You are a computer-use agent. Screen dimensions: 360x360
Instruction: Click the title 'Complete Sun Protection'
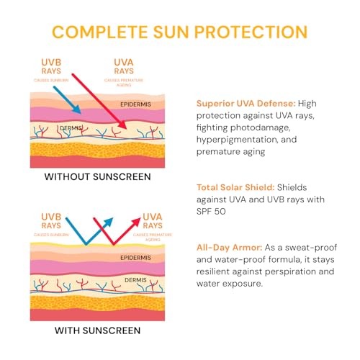(180, 32)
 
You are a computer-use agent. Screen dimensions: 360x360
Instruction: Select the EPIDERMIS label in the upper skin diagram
(135, 104)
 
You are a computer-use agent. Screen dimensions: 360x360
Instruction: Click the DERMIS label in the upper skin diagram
(71, 128)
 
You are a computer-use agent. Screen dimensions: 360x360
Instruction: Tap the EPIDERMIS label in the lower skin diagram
(135, 258)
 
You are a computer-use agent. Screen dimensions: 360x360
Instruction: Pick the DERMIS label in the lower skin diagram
(135, 280)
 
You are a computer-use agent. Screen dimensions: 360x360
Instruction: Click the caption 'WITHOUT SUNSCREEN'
(97, 177)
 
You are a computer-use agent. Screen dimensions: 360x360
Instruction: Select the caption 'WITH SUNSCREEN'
(97, 330)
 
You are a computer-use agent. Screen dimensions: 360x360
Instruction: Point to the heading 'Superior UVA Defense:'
(246, 104)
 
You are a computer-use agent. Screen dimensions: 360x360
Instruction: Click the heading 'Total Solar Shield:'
(235, 187)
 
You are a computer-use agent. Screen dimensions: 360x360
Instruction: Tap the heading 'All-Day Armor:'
(229, 248)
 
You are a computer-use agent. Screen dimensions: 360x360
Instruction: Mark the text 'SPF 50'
(211, 212)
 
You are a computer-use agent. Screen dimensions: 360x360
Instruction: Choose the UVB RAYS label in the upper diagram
(51, 67)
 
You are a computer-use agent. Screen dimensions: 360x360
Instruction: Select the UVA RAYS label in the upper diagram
(124, 67)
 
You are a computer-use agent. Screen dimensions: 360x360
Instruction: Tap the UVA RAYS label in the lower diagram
(153, 221)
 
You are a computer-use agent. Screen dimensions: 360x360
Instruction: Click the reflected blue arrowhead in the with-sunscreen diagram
(109, 222)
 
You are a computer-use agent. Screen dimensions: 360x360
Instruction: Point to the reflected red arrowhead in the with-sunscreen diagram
(136, 222)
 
